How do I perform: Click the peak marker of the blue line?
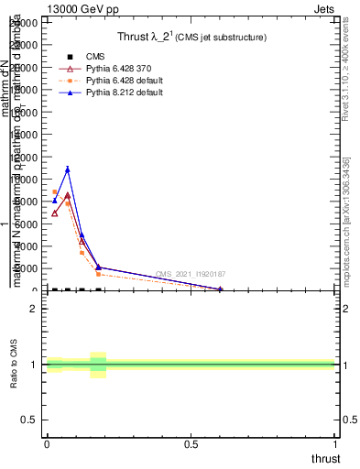coord(68,169)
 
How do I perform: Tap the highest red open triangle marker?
coord(68,195)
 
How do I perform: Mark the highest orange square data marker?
coord(55,192)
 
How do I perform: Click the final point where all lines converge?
coord(221,289)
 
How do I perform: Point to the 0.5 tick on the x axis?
coord(191,444)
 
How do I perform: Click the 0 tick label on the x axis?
coord(47,444)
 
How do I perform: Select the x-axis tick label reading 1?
coord(336,444)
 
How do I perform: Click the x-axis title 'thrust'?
coord(325,458)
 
